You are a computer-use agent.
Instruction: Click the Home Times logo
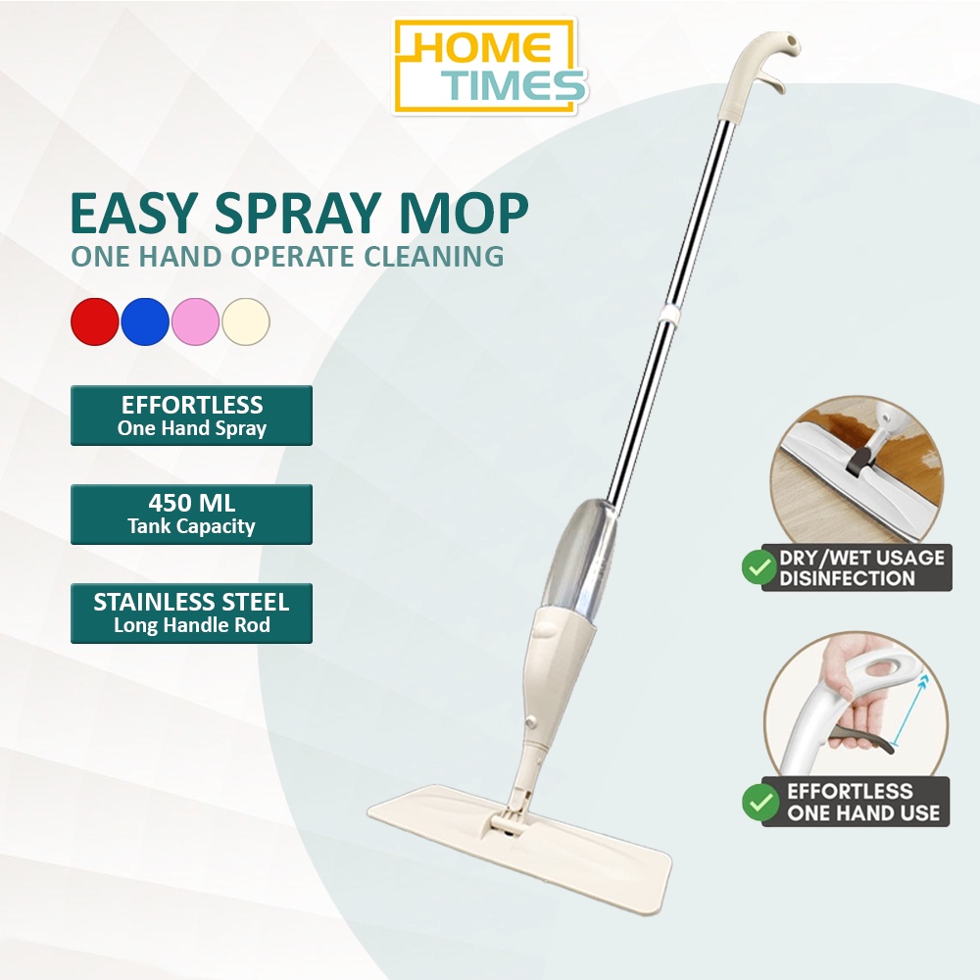[491, 66]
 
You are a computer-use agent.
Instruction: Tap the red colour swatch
[95, 321]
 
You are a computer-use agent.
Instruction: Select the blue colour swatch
[145, 321]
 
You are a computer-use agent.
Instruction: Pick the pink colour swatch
[195, 321]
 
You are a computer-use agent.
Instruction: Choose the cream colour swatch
[246, 321]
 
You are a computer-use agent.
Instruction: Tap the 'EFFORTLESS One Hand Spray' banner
[191, 416]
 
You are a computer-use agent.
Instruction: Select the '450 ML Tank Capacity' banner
[191, 514]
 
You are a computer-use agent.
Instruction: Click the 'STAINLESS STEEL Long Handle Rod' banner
[191, 613]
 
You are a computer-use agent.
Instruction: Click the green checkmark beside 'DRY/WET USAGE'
[759, 566]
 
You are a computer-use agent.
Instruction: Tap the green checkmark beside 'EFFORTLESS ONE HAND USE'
[760, 802]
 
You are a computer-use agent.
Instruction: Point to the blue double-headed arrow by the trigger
[909, 710]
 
